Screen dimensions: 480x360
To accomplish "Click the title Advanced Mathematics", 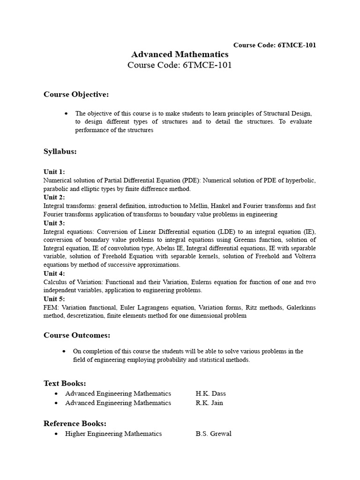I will click(x=180, y=54).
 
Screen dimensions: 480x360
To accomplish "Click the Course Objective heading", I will click(x=76, y=95).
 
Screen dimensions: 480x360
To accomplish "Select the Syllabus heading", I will click(x=60, y=151).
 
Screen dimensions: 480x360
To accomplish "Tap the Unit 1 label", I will click(x=54, y=172).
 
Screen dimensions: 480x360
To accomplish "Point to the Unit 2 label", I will click(x=54, y=197).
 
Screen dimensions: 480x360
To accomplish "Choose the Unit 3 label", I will click(x=54, y=223).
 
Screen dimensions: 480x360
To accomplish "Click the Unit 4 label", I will click(x=54, y=273).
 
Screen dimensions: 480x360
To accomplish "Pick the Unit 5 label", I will click(x=54, y=299).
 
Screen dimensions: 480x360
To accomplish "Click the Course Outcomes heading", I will click(x=77, y=335).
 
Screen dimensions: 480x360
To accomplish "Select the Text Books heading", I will click(x=65, y=383).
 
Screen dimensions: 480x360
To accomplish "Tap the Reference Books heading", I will click(x=75, y=423).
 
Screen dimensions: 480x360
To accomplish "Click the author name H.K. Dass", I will click(x=210, y=393).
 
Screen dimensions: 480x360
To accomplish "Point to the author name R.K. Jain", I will click(x=209, y=403).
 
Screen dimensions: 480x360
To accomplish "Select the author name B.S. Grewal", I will click(x=213, y=434).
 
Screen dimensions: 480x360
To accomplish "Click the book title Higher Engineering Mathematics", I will click(x=113, y=434).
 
